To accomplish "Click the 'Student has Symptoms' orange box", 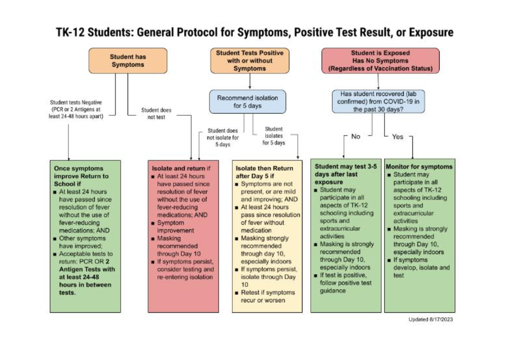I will (128, 61).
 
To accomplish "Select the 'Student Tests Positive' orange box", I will (250, 61).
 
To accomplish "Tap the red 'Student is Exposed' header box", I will (380, 61).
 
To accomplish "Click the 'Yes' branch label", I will (397, 137).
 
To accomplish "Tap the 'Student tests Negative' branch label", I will (76, 109).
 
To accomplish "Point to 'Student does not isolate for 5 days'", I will (223, 137).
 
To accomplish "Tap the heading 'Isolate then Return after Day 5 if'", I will (264, 173).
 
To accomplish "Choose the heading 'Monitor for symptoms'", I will (419, 167).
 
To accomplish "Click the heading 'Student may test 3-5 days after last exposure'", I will (344, 174).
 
